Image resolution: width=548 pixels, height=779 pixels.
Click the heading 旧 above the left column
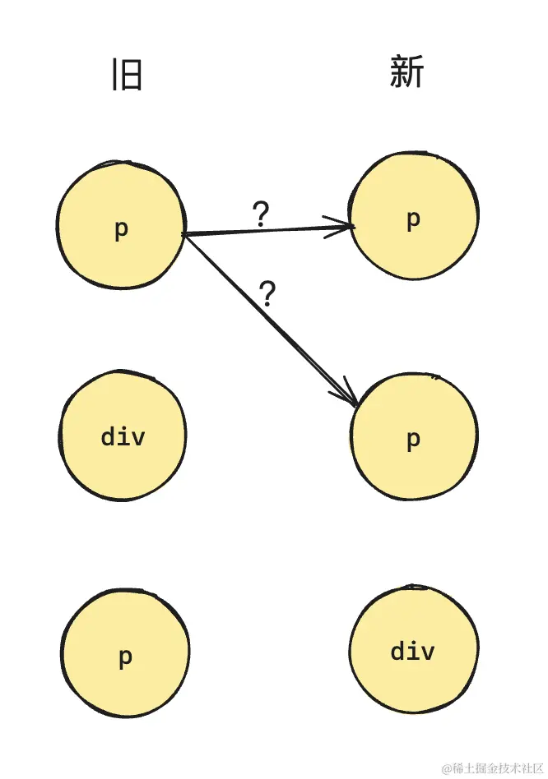pyautogui.click(x=128, y=75)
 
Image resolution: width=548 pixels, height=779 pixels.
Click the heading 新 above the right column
pyautogui.click(x=407, y=73)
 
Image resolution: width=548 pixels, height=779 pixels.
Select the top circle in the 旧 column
pyautogui.click(x=121, y=224)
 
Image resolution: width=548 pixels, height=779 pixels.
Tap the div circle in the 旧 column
pyautogui.click(x=123, y=436)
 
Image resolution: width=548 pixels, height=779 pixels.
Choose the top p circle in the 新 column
pyautogui.click(x=414, y=216)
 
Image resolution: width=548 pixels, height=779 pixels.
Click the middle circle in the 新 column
pyautogui.click(x=414, y=437)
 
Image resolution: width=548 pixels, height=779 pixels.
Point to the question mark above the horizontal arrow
pyautogui.click(x=261, y=214)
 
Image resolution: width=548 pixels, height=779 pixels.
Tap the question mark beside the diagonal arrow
pyautogui.click(x=267, y=293)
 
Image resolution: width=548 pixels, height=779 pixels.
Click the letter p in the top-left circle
pyautogui.click(x=121, y=230)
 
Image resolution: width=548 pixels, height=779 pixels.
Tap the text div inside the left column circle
pyautogui.click(x=123, y=436)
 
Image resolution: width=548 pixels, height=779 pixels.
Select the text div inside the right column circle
pyautogui.click(x=412, y=652)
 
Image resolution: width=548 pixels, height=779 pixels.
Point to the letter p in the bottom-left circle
pyautogui.click(x=125, y=657)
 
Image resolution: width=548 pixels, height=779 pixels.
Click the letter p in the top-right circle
pyautogui.click(x=414, y=219)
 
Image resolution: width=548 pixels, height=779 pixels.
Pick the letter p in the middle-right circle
pyautogui.click(x=414, y=440)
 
